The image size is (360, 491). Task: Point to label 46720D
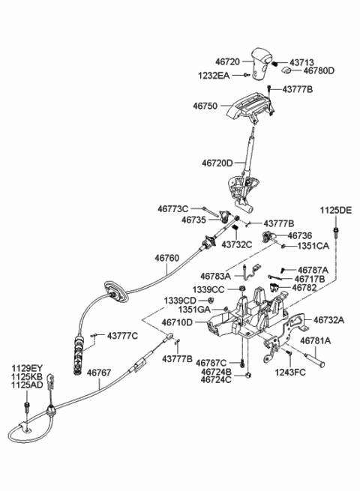pos(217,162)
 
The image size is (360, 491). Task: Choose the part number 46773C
pos(173,208)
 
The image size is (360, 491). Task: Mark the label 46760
pos(167,257)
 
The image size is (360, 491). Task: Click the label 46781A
pos(316,340)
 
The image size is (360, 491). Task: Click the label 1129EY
pos(27,367)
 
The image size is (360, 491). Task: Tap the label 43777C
pos(122,335)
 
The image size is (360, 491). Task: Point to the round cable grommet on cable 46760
pos(116,295)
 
